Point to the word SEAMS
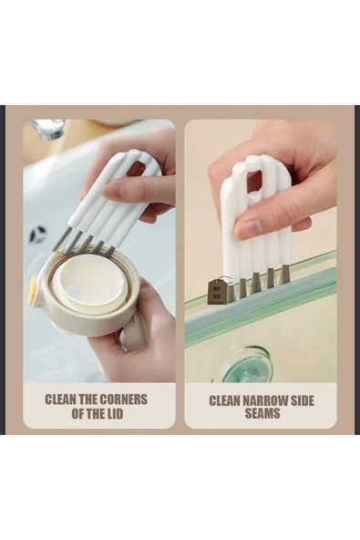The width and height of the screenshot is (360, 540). click(262, 413)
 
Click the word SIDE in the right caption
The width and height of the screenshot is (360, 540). click(303, 400)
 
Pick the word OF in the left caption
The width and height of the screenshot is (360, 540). click(77, 413)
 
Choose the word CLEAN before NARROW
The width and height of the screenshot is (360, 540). click(224, 400)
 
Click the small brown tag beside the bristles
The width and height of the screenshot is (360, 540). click(217, 292)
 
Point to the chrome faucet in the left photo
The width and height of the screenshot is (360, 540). click(49, 130)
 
